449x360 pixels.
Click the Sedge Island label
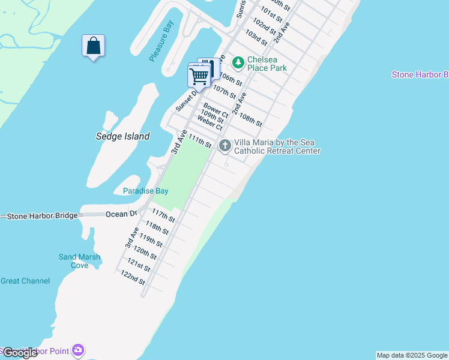point(122,136)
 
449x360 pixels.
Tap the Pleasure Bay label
point(161,44)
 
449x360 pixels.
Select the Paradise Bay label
point(145,191)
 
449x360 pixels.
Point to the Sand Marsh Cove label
point(79,261)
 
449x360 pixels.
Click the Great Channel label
point(25,281)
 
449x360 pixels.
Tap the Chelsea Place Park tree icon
point(238,62)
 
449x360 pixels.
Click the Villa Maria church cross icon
point(225,145)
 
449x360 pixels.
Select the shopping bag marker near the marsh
point(93,46)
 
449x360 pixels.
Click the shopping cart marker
point(199,76)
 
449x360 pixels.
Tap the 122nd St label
point(133,278)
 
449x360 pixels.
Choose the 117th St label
point(163,216)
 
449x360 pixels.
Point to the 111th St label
point(200,142)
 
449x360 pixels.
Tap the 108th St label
point(250,119)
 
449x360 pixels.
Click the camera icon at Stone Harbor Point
point(77,349)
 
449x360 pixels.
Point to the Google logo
point(19,353)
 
